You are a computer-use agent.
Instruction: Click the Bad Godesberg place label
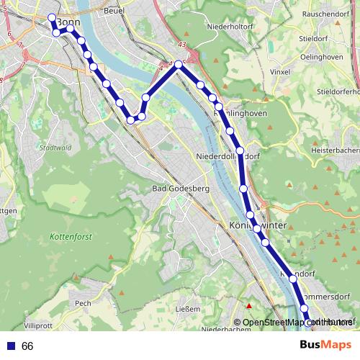click(180, 189)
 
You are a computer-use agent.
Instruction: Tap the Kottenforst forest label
click(68, 236)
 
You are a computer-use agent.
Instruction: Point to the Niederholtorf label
click(232, 27)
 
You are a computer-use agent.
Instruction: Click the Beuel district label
click(114, 12)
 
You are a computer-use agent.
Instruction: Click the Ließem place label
click(188, 310)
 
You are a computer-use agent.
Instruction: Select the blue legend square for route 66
click(10, 346)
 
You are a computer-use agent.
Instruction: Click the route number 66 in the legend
click(27, 346)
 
